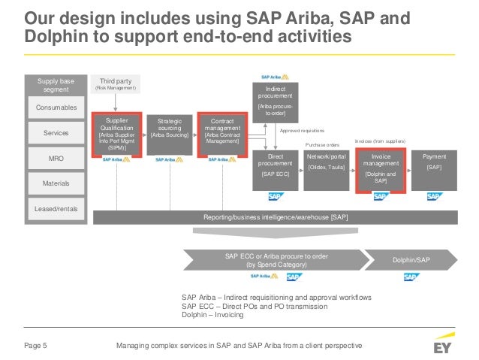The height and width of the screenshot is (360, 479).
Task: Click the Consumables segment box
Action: click(x=57, y=108)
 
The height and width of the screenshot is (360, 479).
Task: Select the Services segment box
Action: click(x=57, y=133)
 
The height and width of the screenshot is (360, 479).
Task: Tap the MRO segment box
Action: click(x=57, y=158)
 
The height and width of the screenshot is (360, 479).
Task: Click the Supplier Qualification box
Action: click(x=116, y=134)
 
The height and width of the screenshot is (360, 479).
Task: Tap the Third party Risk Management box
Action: click(x=116, y=84)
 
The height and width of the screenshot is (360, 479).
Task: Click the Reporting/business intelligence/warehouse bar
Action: click(x=276, y=217)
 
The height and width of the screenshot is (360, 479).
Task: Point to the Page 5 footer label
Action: click(x=34, y=346)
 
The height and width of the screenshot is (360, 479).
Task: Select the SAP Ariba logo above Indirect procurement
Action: click(x=271, y=77)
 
